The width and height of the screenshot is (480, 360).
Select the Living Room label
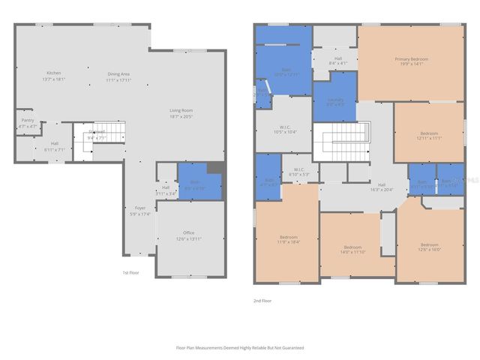click(181, 114)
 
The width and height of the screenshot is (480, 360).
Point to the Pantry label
click(27, 122)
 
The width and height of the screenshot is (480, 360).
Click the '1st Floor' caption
click(131, 272)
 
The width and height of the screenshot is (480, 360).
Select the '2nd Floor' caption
click(262, 300)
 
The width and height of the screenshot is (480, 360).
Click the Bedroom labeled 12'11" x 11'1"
click(429, 135)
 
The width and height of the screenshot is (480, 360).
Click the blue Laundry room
click(335, 101)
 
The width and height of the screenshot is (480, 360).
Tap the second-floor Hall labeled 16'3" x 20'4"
click(382, 187)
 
